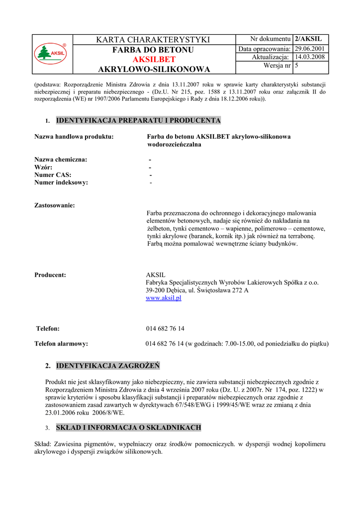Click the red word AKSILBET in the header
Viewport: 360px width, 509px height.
(154, 60)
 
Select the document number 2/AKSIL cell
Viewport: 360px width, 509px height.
(308, 39)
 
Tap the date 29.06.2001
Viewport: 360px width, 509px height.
(309, 49)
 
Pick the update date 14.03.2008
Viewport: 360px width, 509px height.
(309, 57)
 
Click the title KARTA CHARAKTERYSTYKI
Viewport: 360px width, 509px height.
(154, 40)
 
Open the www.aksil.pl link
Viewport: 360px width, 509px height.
(164, 298)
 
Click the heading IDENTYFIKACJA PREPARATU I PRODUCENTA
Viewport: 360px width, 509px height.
(138, 120)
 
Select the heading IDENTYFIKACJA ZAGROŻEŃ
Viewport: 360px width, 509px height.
(108, 366)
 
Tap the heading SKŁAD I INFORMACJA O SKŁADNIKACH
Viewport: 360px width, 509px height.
(128, 427)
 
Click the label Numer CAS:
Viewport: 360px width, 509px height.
(53, 174)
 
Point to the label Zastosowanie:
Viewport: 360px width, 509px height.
(55, 205)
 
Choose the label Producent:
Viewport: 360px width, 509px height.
(50, 275)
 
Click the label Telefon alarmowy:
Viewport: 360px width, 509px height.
(61, 343)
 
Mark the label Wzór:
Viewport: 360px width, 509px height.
(43, 167)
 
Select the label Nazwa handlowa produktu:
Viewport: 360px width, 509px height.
(74, 137)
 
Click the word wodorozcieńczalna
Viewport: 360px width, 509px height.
(174, 145)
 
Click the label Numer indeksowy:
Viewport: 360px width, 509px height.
(61, 182)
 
